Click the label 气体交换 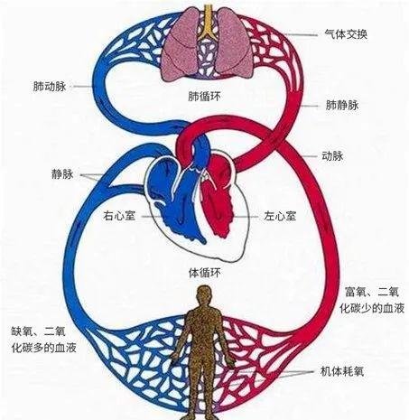(346, 34)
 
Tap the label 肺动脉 (50, 87)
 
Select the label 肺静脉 (342, 106)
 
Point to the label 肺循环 (204, 97)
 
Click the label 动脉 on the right (332, 156)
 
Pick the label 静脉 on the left (62, 174)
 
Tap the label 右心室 (119, 216)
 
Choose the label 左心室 (280, 216)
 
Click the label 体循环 (205, 273)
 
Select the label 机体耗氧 (342, 371)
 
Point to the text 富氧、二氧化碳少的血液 (372, 300)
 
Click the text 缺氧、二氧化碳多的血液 (44, 340)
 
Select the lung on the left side (179, 44)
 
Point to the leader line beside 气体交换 (301, 35)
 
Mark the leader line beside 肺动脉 (82, 87)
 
